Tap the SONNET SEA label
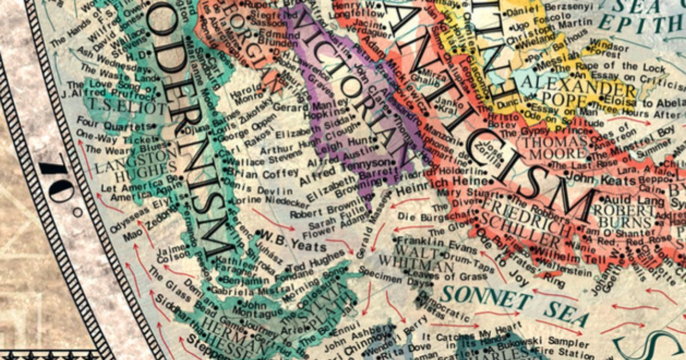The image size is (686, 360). pyautogui.click(x=506, y=303)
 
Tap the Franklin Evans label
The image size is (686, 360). pyautogui.click(x=437, y=245)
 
